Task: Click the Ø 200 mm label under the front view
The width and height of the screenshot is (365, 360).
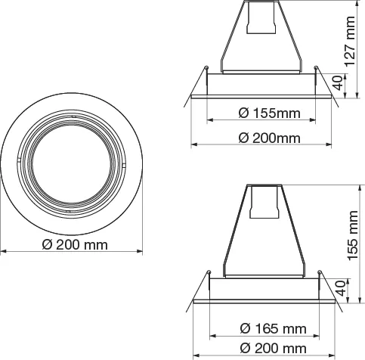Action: [x=75, y=245]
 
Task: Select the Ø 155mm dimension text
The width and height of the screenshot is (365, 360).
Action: [x=269, y=113]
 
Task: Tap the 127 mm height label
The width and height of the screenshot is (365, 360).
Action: [x=350, y=42]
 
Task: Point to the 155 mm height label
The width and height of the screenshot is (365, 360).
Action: [x=352, y=235]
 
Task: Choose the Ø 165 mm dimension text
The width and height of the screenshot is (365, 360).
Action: [x=273, y=329]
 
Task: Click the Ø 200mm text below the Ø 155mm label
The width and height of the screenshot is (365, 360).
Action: [x=269, y=138]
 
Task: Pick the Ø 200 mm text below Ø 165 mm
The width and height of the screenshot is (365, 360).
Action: [x=273, y=349]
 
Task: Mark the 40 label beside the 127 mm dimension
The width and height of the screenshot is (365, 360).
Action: [x=338, y=82]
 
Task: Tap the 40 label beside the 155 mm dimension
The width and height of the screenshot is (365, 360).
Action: [x=340, y=288]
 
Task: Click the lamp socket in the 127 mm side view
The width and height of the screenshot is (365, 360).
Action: [x=261, y=17]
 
